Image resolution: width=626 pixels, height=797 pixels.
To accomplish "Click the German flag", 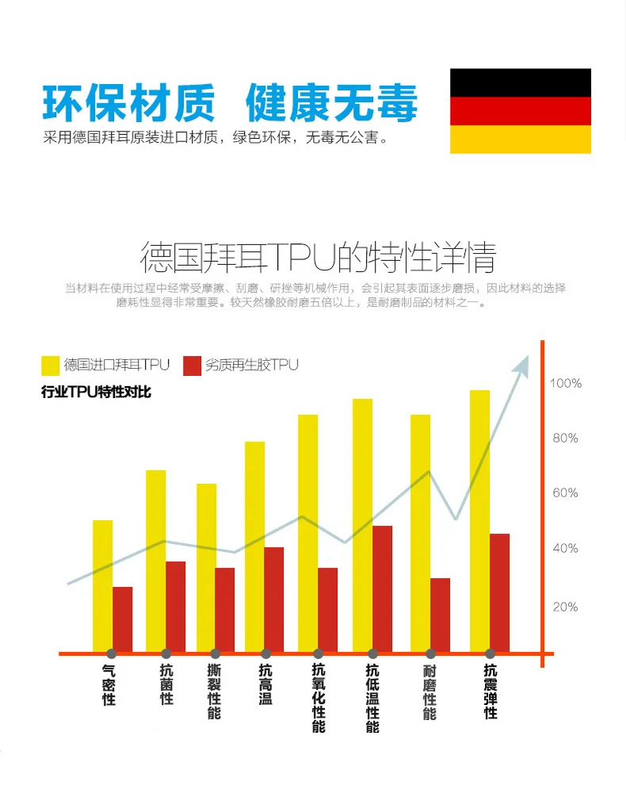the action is click(521, 111).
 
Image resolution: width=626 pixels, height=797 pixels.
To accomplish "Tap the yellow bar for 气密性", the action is click(102, 586).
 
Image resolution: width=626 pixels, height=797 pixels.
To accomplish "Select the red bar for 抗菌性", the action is click(176, 607).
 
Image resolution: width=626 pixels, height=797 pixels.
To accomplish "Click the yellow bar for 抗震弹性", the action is click(479, 521).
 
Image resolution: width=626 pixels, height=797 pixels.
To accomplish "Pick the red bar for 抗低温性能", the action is click(382, 589).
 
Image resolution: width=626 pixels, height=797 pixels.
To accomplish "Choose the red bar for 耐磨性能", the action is click(440, 615).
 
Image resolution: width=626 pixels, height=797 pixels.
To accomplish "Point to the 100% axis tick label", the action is click(566, 383).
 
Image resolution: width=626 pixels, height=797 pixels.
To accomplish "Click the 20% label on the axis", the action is click(565, 607).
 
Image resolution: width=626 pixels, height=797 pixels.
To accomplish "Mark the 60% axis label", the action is click(565, 492).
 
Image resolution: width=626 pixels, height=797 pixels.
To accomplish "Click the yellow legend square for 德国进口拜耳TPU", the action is click(50, 366).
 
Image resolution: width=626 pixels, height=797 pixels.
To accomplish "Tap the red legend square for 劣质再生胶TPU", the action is click(192, 366).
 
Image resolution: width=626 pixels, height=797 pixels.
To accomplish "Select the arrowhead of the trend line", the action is click(522, 366).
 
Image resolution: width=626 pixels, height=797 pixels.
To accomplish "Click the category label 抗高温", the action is click(265, 684).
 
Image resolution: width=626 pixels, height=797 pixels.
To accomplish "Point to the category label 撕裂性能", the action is click(214, 692).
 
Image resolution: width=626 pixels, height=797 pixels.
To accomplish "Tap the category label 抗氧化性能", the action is click(319, 698).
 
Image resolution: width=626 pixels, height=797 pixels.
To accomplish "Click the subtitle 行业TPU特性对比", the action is click(96, 392).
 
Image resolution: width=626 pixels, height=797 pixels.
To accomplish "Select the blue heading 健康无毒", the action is click(331, 103).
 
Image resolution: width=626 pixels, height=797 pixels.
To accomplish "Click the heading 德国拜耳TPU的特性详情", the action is click(318, 258).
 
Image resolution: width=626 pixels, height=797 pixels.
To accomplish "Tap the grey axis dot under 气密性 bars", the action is click(111, 653).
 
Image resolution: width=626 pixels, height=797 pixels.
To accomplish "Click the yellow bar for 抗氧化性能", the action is click(307, 533).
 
